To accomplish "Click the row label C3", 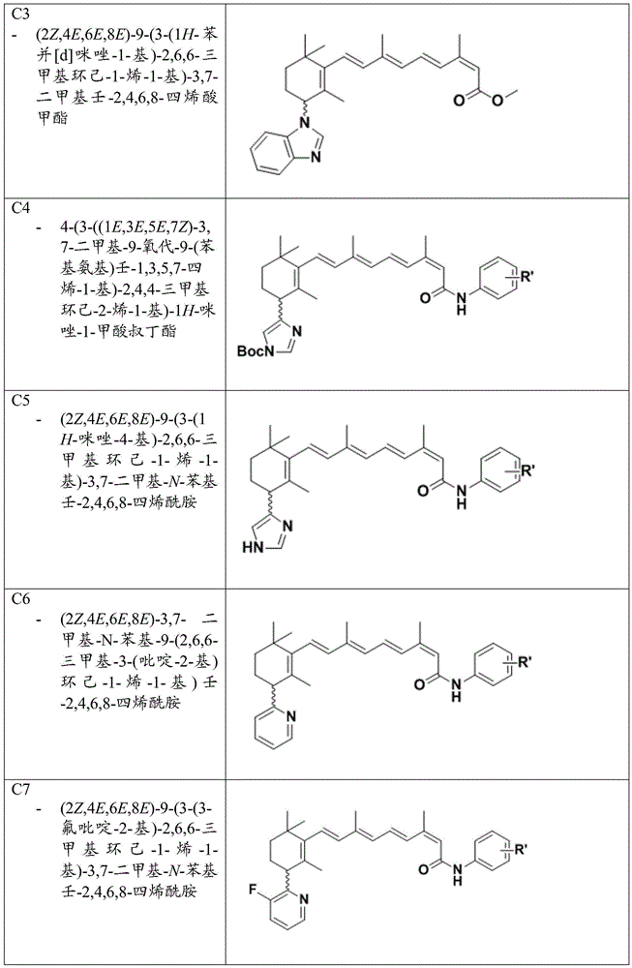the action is click(x=20, y=15).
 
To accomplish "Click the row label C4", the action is click(x=20, y=208).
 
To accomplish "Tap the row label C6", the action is click(x=20, y=599).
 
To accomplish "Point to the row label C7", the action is click(x=20, y=790).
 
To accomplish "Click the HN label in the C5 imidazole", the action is click(x=253, y=547).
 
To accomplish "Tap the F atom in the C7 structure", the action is click(x=253, y=890).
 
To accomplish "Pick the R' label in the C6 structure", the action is click(x=525, y=665).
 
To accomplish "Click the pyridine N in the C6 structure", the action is click(x=291, y=716).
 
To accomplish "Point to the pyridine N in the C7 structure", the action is click(x=303, y=898).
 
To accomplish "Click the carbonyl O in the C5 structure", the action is click(x=423, y=492).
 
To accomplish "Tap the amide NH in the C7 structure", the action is click(x=457, y=873).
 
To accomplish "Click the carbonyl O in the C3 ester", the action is click(x=459, y=101).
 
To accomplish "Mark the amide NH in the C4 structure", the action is click(x=461, y=303).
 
